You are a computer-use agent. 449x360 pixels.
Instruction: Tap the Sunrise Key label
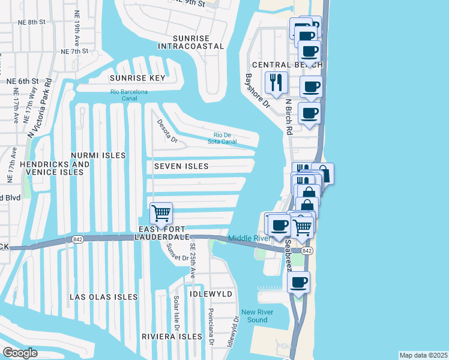click(x=137, y=78)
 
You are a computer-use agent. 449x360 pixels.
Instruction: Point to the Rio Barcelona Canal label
click(x=128, y=95)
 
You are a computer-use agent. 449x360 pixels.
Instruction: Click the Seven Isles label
click(x=181, y=166)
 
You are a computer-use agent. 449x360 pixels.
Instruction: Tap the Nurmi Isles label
click(x=97, y=155)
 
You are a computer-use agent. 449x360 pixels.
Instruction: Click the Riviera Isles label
click(x=172, y=337)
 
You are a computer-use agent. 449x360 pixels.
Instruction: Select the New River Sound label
click(x=263, y=316)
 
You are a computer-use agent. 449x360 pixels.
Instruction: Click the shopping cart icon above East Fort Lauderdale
click(x=161, y=213)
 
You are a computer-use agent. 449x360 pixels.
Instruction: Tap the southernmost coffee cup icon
click(x=298, y=281)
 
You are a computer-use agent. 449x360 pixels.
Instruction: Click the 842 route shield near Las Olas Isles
click(x=88, y=239)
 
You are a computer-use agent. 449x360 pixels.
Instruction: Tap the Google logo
click(x=20, y=353)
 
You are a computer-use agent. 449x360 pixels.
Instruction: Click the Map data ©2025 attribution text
click(x=423, y=355)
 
